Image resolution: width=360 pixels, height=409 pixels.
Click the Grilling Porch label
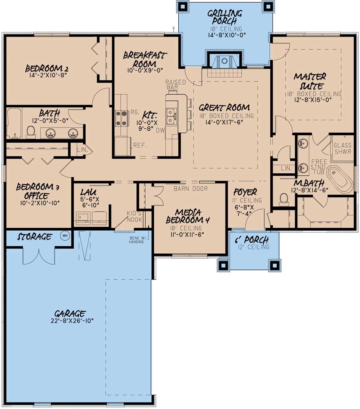click(225, 18)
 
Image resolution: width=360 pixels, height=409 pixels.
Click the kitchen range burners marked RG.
click(121, 118)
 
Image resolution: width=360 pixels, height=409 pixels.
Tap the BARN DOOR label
click(191, 188)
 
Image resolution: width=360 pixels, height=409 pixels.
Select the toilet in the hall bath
click(31, 132)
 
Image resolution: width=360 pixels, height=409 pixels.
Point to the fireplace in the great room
click(225, 62)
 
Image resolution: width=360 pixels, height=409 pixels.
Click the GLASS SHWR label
click(342, 148)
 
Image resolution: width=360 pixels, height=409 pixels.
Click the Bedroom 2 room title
click(47, 69)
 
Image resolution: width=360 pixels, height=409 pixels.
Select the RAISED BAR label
click(176, 85)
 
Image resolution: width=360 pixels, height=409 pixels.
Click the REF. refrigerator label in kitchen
click(139, 145)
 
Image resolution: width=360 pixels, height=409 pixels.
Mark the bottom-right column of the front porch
click(274, 265)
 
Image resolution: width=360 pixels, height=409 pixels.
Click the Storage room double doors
click(38, 256)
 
